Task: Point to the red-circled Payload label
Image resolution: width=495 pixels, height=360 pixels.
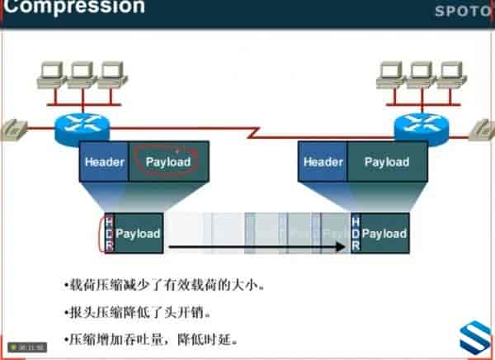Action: tap(168, 162)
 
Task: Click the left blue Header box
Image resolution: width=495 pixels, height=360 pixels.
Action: tap(104, 162)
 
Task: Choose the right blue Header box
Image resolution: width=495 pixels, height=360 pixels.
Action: tap(323, 162)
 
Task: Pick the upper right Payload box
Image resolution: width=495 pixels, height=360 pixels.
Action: tap(387, 162)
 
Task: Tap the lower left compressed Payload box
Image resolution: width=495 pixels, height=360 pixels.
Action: tap(138, 234)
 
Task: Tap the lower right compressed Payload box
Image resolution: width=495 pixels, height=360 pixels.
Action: tap(384, 234)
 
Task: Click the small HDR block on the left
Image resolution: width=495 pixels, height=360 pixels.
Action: tap(109, 234)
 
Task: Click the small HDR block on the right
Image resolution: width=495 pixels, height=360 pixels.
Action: tap(356, 234)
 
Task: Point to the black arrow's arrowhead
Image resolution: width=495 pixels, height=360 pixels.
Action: tap(340, 246)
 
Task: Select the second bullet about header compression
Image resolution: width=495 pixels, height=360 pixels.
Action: tap(138, 313)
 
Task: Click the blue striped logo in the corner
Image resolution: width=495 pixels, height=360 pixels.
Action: tap(475, 339)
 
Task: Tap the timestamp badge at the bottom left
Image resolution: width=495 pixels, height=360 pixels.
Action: tap(26, 348)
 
